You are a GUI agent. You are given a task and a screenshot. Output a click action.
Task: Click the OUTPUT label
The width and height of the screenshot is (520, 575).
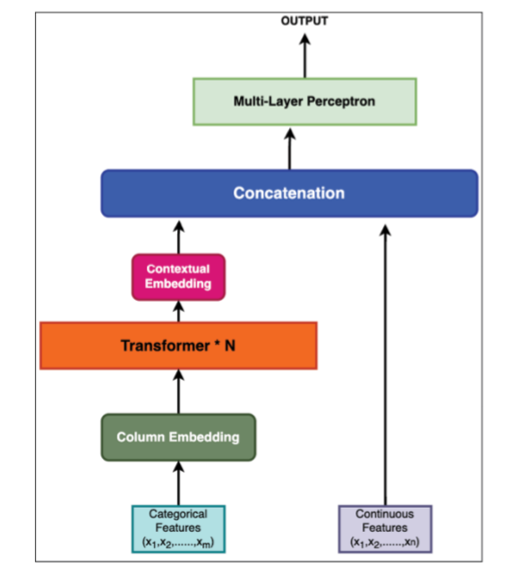[x=304, y=21]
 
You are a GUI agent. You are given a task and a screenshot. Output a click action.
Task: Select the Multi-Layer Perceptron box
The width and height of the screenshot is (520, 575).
[x=304, y=101]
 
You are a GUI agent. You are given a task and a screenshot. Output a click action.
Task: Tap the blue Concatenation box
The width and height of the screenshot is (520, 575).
[x=289, y=193]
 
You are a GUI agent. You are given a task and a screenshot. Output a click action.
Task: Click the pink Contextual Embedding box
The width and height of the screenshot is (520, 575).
[x=178, y=277]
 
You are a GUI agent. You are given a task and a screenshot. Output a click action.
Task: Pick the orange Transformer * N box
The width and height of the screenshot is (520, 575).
[x=178, y=346]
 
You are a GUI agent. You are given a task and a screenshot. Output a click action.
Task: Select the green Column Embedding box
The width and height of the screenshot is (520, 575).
[x=178, y=437]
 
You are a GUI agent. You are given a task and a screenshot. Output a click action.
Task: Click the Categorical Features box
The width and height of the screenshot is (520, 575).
[x=178, y=528]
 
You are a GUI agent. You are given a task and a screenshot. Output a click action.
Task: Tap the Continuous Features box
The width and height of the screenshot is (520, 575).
[x=385, y=528]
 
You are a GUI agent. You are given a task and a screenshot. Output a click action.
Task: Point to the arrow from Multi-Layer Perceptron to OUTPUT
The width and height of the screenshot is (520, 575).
[x=305, y=56]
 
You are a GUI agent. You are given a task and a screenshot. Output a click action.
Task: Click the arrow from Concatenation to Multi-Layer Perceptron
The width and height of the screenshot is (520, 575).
[x=290, y=149]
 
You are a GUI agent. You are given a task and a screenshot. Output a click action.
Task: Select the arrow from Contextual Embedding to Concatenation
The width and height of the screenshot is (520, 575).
[x=179, y=237]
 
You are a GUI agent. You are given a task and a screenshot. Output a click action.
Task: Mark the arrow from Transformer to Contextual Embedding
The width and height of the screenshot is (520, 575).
[x=179, y=312]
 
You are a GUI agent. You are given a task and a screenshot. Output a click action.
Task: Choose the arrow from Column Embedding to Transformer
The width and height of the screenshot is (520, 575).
[x=179, y=391]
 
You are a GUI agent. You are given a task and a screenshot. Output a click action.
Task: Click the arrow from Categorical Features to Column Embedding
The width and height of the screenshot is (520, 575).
[x=179, y=484]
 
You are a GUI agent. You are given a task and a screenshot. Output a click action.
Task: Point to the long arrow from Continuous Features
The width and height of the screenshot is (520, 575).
[x=385, y=365]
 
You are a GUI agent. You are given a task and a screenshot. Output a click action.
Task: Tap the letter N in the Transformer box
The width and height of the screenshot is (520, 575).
[x=230, y=346]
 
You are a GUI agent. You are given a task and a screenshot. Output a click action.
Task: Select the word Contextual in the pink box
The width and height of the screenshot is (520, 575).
[x=178, y=269]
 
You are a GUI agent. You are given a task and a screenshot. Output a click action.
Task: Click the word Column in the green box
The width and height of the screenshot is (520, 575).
[x=141, y=437]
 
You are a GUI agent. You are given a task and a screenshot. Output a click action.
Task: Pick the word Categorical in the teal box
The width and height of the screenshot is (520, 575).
[x=178, y=514]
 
